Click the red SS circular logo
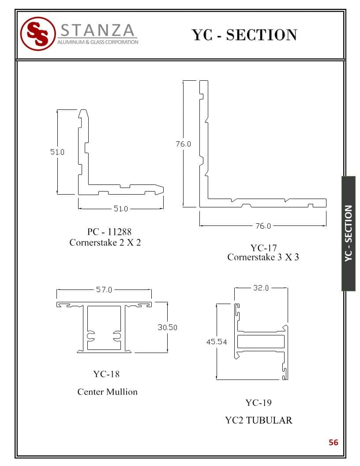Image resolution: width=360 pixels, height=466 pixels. [x=38, y=34]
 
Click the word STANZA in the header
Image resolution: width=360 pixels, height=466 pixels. [x=98, y=30]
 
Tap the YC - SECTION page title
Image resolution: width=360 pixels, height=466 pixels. [x=244, y=35]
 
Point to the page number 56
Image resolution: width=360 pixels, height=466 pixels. [x=333, y=442]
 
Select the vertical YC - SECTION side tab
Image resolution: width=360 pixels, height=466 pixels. [x=349, y=233]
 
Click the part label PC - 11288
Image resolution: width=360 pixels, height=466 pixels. [x=109, y=232]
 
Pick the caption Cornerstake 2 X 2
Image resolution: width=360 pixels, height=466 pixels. [x=105, y=243]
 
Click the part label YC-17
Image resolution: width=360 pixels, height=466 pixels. [x=263, y=248]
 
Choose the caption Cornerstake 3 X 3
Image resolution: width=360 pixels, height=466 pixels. [x=263, y=257]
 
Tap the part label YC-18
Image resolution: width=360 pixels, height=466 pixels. [x=106, y=374]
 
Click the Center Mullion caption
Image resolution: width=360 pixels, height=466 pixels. [x=108, y=392]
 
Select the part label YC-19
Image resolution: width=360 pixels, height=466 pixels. [x=259, y=403]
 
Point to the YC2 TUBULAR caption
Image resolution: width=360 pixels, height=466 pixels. [x=259, y=420]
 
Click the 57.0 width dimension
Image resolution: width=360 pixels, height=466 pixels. [x=104, y=289]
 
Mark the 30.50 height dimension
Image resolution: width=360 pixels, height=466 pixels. [x=168, y=327]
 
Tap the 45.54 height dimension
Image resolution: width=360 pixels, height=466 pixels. [x=217, y=342]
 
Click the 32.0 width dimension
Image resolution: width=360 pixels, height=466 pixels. [x=261, y=288]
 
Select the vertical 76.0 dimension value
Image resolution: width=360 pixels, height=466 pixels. [x=183, y=144]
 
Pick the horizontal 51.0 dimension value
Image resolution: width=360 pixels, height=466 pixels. [x=121, y=209]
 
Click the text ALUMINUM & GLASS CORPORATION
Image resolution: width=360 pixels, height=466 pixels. [x=98, y=42]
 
